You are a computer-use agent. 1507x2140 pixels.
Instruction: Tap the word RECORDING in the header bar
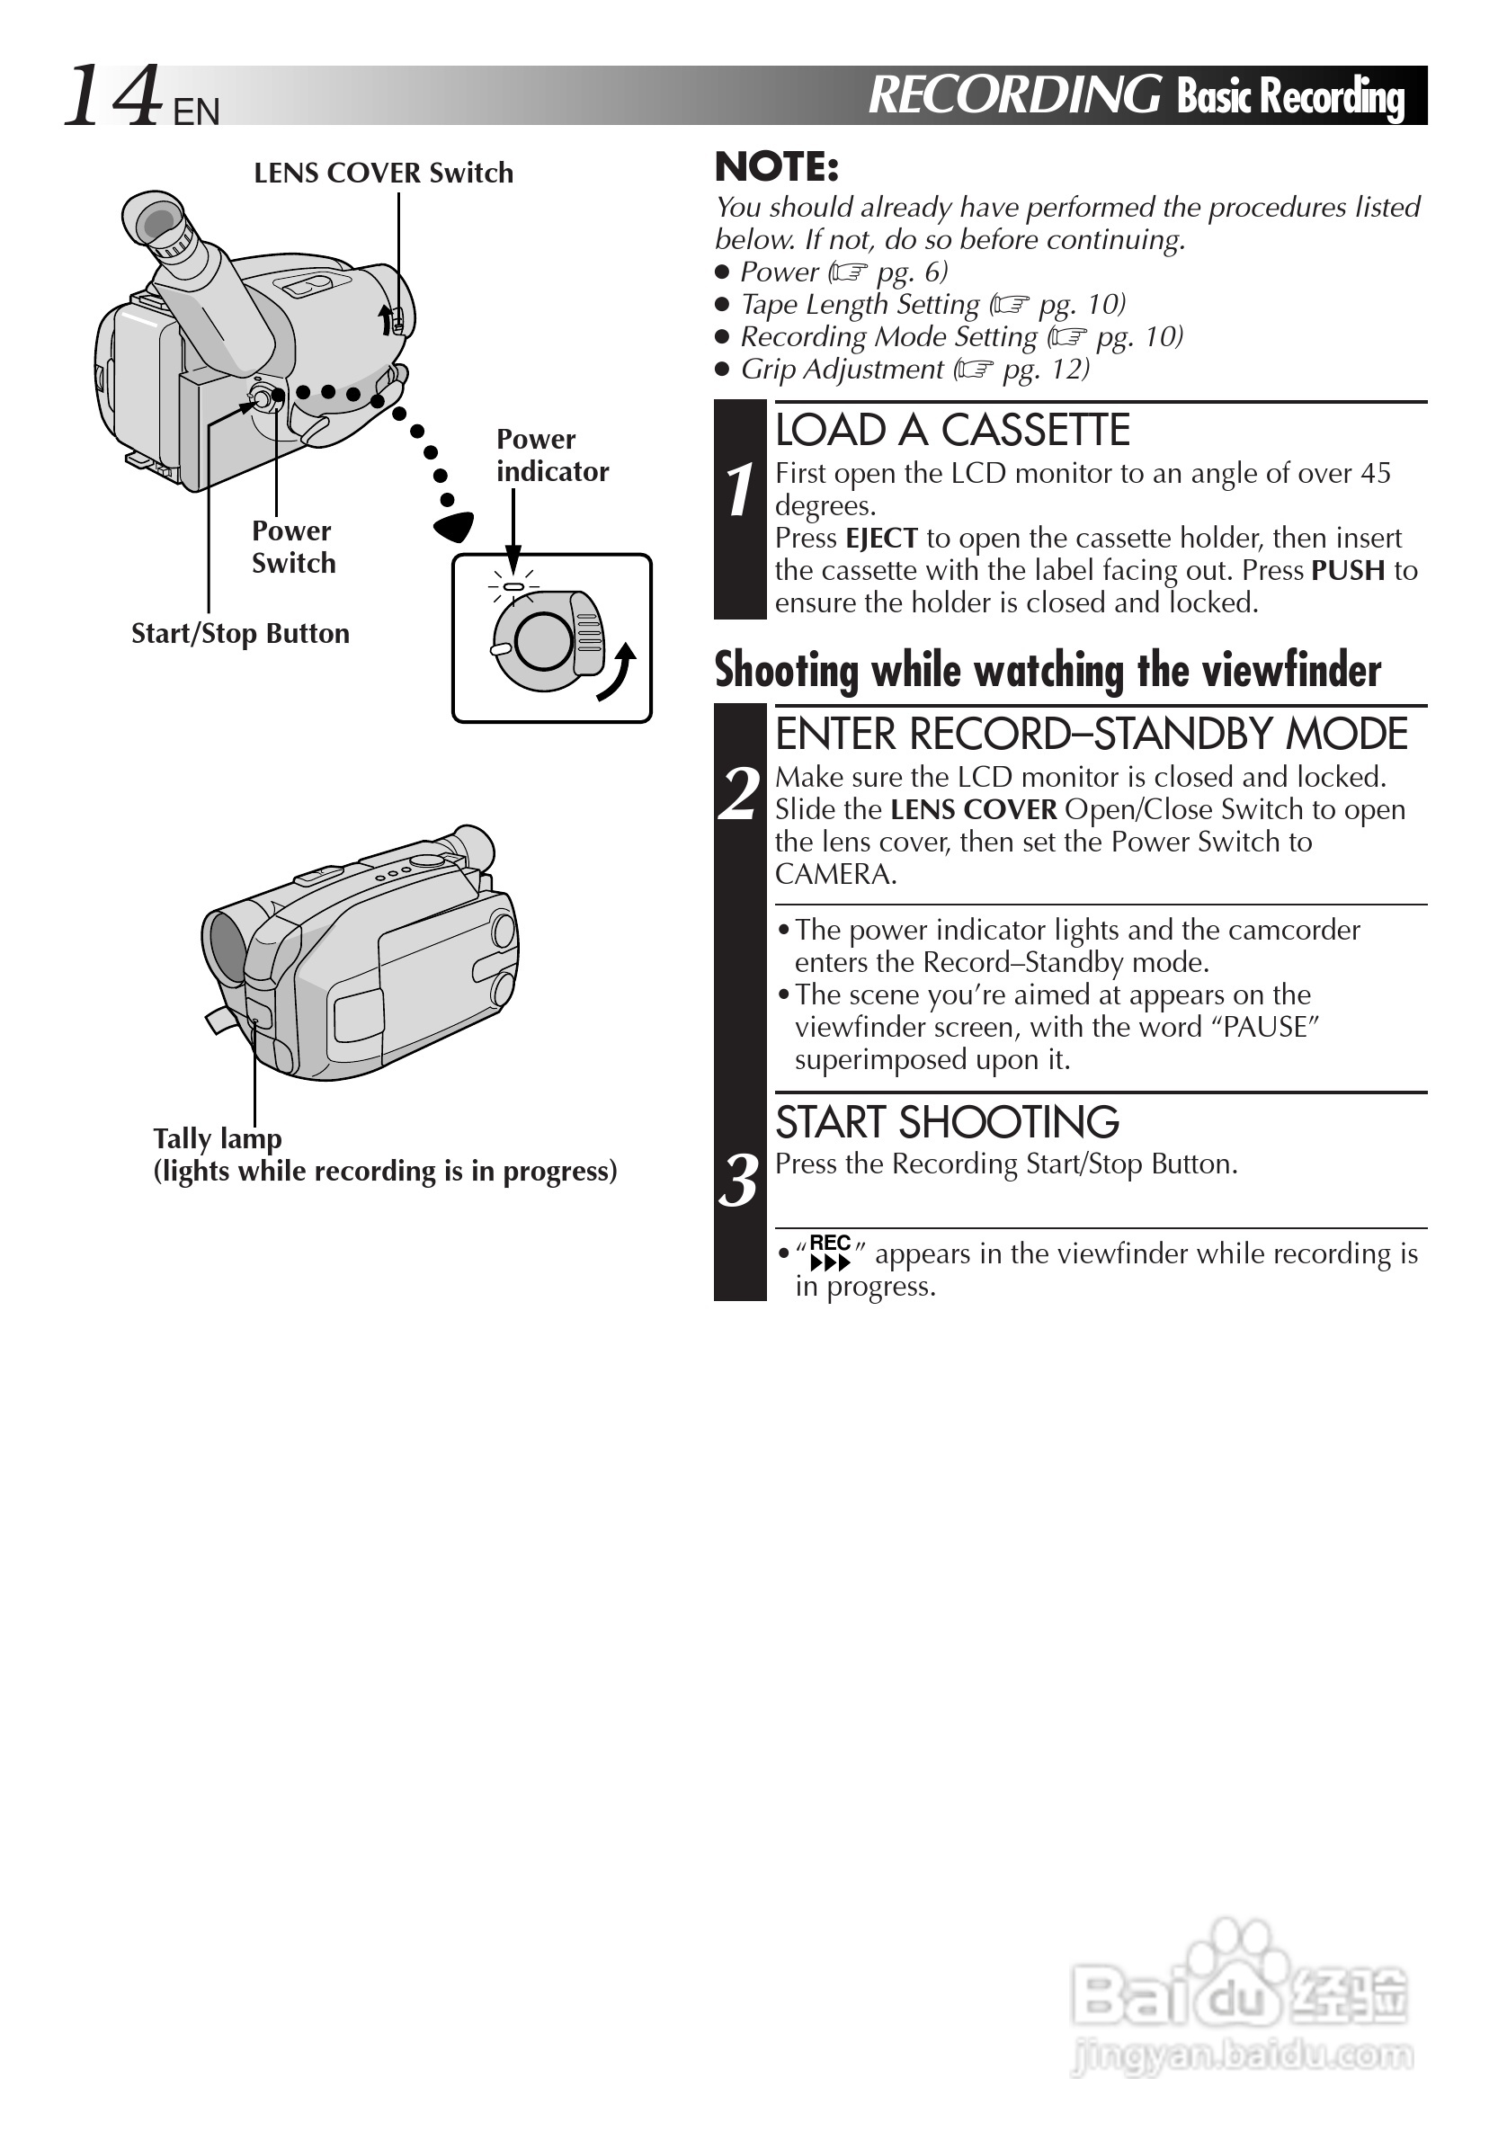click(x=1014, y=95)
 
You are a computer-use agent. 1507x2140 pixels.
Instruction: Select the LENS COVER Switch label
click(x=383, y=174)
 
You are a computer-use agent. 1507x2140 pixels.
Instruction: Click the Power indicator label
click(x=552, y=455)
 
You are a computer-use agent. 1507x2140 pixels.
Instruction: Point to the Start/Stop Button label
click(x=240, y=634)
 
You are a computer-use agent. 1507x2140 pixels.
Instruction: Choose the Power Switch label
click(x=292, y=547)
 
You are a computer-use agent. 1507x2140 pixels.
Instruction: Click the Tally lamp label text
click(x=218, y=1138)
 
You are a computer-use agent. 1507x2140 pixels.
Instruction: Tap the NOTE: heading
click(x=776, y=168)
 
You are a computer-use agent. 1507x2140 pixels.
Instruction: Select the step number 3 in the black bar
click(x=739, y=1181)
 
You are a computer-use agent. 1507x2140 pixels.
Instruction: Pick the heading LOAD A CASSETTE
click(x=951, y=431)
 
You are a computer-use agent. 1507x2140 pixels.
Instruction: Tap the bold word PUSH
click(x=1348, y=570)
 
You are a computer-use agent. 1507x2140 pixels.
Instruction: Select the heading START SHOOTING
click(x=947, y=1122)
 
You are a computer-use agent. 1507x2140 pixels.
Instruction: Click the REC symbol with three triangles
click(x=829, y=1253)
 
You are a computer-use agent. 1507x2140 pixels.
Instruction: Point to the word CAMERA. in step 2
click(x=835, y=874)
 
